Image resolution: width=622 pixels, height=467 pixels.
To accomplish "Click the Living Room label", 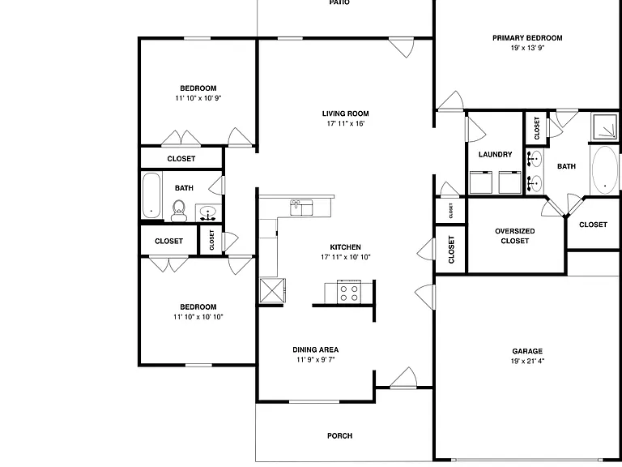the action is [346, 114].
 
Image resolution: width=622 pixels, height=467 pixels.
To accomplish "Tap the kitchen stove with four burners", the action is [349, 292].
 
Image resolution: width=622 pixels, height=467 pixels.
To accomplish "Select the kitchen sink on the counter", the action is [301, 208].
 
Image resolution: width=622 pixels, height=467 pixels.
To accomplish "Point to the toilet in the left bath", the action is [178, 211].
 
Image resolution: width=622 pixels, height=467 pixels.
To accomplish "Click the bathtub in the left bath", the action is [151, 195].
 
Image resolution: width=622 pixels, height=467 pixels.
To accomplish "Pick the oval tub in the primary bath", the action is [604, 170].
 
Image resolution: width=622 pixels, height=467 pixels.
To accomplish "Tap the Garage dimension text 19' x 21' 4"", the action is [527, 361].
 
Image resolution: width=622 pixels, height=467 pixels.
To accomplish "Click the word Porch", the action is [339, 435].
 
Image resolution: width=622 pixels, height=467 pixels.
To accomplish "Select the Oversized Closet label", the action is [514, 236].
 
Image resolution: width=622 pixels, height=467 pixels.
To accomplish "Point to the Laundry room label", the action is [495, 155].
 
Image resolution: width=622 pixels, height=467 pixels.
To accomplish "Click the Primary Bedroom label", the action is [527, 38].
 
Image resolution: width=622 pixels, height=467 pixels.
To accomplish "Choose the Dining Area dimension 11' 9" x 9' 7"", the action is [316, 360].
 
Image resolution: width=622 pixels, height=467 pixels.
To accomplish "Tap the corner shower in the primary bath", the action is [604, 126].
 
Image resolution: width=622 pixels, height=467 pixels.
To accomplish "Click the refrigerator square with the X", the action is [272, 290].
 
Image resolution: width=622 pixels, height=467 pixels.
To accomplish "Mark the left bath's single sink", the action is [208, 213].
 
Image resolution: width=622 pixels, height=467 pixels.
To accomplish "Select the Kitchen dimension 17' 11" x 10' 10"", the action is [346, 257].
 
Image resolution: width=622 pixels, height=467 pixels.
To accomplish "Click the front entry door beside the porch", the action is [403, 378].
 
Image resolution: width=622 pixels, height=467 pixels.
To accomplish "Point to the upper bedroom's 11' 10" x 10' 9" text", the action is [198, 98].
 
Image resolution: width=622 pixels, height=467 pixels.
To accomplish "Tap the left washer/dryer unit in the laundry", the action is [481, 182].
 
